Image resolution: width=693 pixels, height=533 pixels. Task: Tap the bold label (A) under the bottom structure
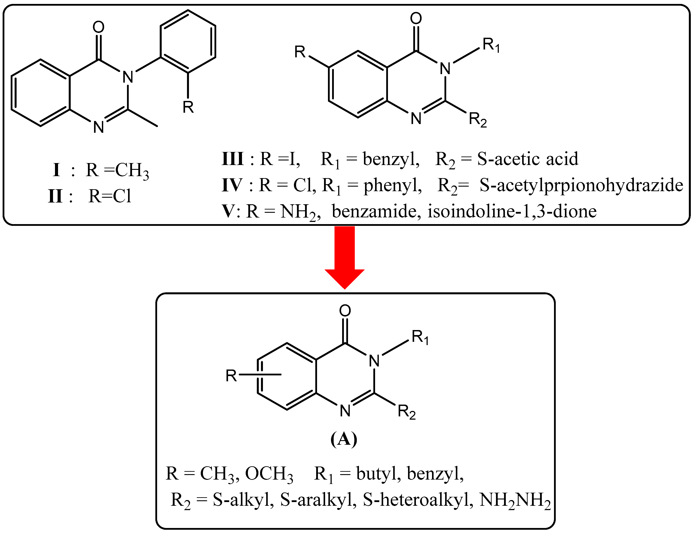(344, 439)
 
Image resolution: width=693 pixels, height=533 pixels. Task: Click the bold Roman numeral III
(233, 159)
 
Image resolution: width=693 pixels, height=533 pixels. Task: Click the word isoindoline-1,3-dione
(512, 211)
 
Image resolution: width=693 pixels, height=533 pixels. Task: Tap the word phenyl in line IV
(393, 186)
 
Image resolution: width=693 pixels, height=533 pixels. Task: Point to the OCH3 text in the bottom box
(269, 474)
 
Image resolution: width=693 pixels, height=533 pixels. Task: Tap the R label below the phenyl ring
(188, 107)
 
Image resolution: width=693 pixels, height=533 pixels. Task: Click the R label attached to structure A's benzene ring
(231, 376)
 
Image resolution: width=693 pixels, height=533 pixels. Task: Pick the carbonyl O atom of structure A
(345, 310)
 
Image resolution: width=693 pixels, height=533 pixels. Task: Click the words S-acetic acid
(527, 159)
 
